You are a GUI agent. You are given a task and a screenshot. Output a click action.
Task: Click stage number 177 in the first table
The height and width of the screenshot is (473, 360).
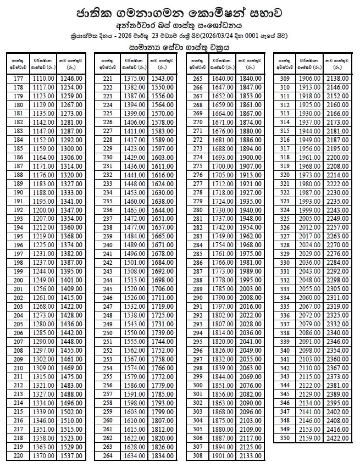point(18,79)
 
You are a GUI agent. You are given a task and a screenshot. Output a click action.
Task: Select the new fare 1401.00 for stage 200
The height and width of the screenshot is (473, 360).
point(71,280)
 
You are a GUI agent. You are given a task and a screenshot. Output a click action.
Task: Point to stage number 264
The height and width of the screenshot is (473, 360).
point(108,456)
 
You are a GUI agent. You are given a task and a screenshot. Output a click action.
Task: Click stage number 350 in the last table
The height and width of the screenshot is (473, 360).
point(285,438)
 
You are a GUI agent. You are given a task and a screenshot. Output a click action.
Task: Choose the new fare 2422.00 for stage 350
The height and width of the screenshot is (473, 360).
point(339,438)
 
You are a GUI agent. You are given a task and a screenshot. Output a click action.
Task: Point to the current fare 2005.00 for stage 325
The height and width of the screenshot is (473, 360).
point(311,219)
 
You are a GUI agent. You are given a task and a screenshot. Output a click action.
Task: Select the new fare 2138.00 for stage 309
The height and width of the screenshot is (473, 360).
point(339,79)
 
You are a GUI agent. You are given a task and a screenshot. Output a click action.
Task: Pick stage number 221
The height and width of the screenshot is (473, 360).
point(108,79)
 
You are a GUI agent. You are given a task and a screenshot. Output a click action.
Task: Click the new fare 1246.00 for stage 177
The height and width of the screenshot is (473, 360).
point(71,79)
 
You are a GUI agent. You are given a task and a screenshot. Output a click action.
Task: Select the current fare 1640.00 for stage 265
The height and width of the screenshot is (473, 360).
point(223,79)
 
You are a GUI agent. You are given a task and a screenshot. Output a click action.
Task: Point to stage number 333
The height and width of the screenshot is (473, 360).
point(285,289)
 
